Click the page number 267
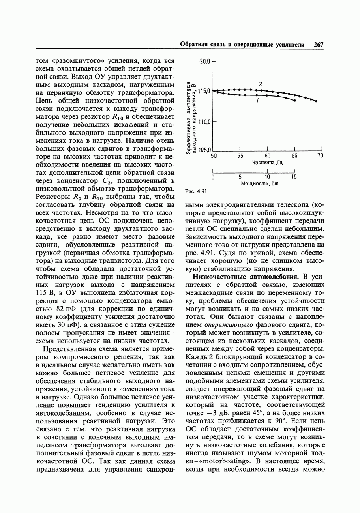(x=319, y=45)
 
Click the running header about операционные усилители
(x=242, y=45)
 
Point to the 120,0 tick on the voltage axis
(x=204, y=62)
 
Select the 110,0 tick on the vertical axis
(x=204, y=122)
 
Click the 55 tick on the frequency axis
(x=240, y=156)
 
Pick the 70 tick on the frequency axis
(x=320, y=156)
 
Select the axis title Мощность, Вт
(x=260, y=183)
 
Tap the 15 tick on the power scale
(x=294, y=177)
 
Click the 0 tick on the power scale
(x=213, y=177)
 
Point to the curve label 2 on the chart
(x=261, y=84)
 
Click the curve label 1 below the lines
(x=257, y=101)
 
